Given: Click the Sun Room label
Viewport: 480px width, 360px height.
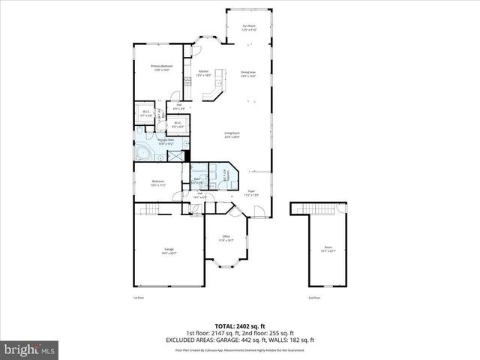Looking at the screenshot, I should [x=248, y=28].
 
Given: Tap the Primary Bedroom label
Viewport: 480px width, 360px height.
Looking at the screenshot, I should [x=161, y=67].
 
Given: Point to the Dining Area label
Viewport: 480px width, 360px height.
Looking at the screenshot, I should [x=248, y=73].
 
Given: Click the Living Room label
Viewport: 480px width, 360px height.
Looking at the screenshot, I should [x=230, y=134].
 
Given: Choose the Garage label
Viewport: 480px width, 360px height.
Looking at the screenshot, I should [x=169, y=250].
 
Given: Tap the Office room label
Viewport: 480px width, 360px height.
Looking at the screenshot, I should [x=226, y=238].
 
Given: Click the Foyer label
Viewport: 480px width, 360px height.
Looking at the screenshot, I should [x=252, y=192].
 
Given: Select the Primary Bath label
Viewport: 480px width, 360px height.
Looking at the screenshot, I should [x=166, y=141].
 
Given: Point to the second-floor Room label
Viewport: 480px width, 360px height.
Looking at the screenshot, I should [x=328, y=248].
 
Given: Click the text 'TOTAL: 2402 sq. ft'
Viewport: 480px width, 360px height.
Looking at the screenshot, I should [x=240, y=327].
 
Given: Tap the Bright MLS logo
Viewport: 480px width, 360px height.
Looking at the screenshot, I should [x=30, y=349].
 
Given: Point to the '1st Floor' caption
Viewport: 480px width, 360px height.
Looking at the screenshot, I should [x=137, y=298].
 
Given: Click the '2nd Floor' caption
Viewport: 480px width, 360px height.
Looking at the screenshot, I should [x=313, y=298].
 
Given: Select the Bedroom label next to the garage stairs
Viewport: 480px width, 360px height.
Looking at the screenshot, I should [x=158, y=181].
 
